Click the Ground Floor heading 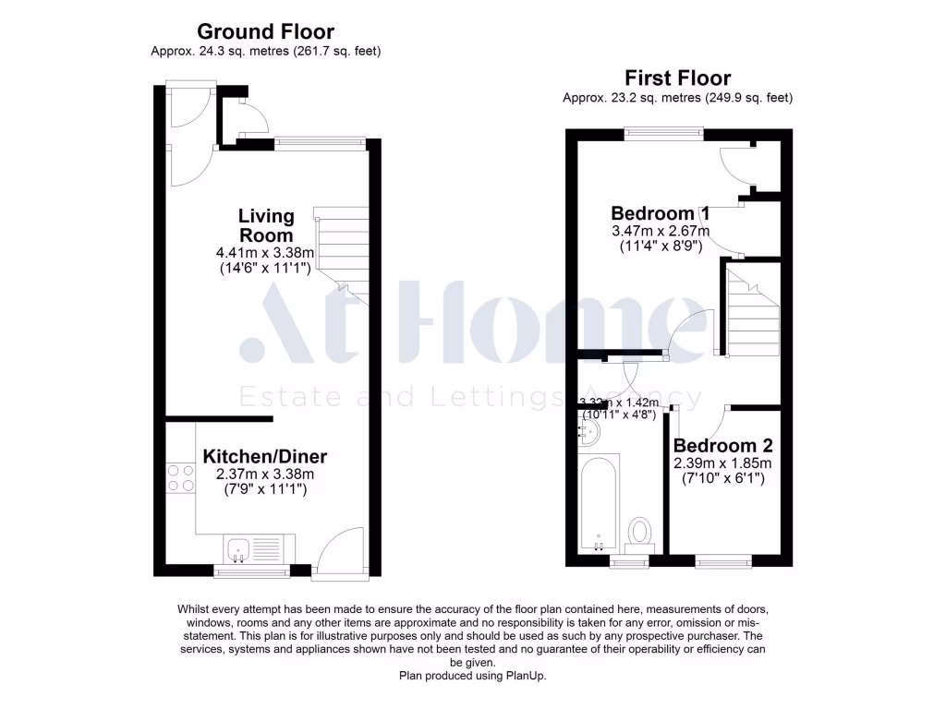pos(265,33)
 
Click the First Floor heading pos(677,78)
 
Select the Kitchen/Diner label pos(265,456)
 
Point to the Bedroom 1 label pos(660,212)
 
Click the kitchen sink pos(238,548)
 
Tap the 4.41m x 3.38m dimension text pos(265,252)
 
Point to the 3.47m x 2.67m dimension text pos(660,231)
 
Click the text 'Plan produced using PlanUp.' pos(472,676)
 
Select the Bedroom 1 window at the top pos(662,132)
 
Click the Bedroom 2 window pos(723,559)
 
